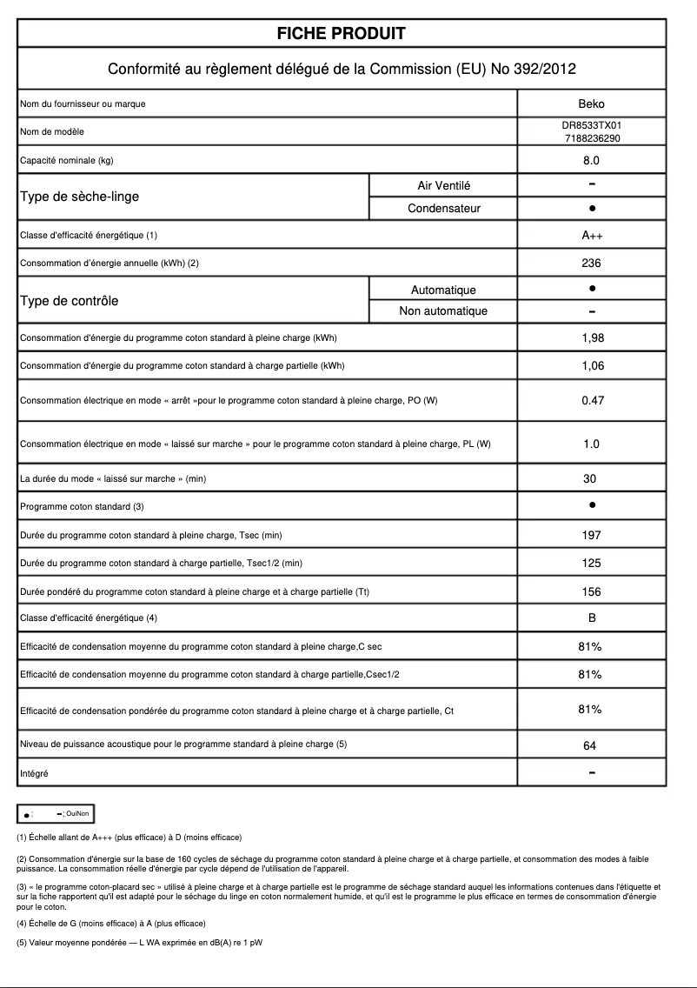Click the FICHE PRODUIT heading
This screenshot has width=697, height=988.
pos(342,34)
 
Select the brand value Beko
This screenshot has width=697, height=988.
pos(591,103)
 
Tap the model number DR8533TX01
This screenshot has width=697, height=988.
pos(591,126)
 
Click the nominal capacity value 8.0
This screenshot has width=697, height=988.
pos(591,160)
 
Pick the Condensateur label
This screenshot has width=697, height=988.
pos(443,208)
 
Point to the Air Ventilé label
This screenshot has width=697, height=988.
pos(443,185)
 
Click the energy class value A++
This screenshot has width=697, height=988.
pos(591,236)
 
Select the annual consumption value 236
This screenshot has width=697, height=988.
pos(591,263)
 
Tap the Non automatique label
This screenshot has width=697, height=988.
pos(443,311)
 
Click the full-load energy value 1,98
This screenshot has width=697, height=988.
pos(592,337)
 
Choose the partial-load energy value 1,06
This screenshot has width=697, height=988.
pos(592,365)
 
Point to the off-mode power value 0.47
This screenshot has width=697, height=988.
pos(592,400)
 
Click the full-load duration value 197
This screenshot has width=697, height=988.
pos(591,535)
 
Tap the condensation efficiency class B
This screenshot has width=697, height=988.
pos(591,618)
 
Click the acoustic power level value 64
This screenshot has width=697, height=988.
pos(591,745)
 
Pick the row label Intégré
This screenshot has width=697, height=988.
pos(34,772)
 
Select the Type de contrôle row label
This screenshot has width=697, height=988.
pos(69,301)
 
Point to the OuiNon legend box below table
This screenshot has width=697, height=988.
pos(56,813)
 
